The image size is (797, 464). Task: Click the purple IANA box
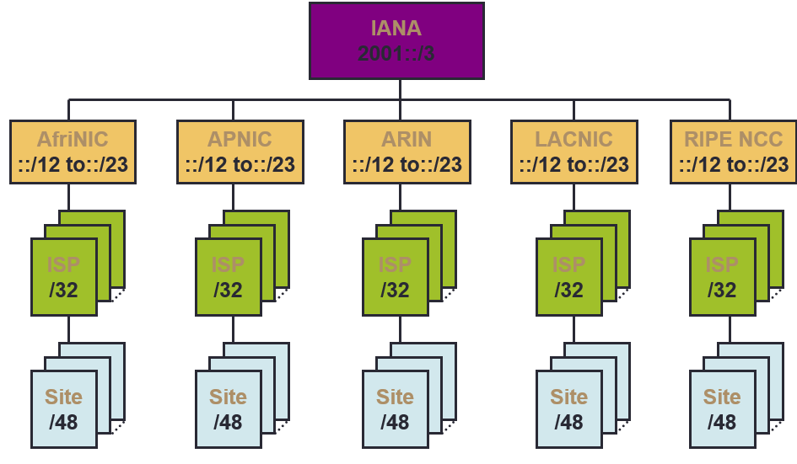click(396, 40)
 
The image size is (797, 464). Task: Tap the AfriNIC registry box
click(73, 152)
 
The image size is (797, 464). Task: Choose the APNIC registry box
click(239, 152)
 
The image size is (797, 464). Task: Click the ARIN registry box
click(406, 152)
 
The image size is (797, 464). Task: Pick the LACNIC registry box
click(574, 152)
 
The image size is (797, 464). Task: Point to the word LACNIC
click(574, 139)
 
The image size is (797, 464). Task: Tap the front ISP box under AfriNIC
click(64, 277)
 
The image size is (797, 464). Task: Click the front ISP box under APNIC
click(228, 277)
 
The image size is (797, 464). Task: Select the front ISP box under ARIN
click(395, 277)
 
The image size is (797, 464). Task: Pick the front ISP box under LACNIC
click(568, 277)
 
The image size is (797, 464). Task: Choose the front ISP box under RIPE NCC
click(722, 277)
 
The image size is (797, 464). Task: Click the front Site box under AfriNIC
click(64, 408)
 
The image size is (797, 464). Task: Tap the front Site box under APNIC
click(228, 408)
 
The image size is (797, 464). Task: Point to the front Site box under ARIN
click(395, 408)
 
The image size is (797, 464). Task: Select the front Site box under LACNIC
click(568, 408)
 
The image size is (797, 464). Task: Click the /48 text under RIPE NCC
click(722, 421)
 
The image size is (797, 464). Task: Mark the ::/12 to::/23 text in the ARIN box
click(407, 164)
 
